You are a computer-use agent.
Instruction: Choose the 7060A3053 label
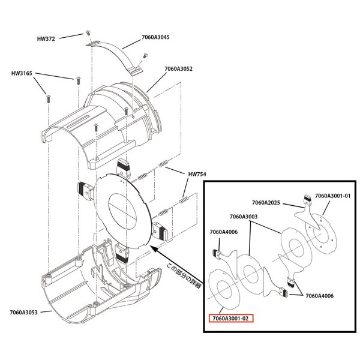24,311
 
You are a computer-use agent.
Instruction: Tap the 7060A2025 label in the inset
268,203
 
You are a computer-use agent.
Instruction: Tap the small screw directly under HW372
89,32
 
